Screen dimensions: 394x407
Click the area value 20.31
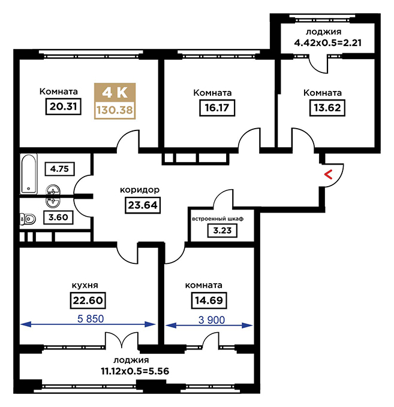[x=63, y=107]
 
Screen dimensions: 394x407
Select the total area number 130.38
[x=115, y=110]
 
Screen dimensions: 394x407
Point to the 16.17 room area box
[x=217, y=108]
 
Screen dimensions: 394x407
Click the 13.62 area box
[x=327, y=108]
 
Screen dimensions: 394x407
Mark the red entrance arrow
[x=329, y=175]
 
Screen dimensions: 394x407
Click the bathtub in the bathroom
[x=29, y=174]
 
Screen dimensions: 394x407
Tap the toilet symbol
[x=28, y=219]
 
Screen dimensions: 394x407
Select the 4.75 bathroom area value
[x=59, y=169]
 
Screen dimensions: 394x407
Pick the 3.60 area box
[x=58, y=217]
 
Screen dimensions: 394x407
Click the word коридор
[x=140, y=190]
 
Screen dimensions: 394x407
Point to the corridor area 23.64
[x=143, y=205]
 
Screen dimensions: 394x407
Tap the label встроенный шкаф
[x=218, y=219]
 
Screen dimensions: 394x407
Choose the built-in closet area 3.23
[x=222, y=230]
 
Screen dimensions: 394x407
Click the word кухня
[x=85, y=285]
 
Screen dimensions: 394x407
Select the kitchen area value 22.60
[x=88, y=300]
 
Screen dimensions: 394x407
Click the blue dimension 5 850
[x=91, y=319]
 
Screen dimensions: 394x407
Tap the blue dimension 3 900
[x=212, y=320]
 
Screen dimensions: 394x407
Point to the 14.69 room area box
[x=209, y=300]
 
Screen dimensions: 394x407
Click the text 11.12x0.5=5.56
[x=135, y=371]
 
